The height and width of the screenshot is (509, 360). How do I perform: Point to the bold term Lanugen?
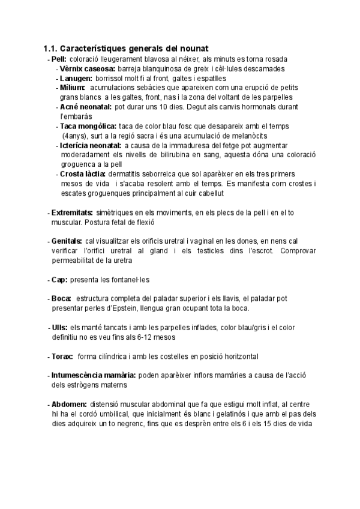click(x=76, y=78)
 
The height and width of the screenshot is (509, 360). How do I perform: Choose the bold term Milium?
click(x=73, y=88)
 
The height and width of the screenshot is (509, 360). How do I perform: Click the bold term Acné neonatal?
click(x=86, y=106)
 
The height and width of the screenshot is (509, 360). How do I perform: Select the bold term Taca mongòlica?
click(x=88, y=126)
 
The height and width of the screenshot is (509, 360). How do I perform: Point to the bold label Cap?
click(x=59, y=280)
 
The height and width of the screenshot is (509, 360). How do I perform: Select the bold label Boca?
click(x=61, y=298)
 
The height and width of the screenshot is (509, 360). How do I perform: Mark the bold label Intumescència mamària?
click(x=94, y=375)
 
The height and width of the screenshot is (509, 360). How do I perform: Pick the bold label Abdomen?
click(x=70, y=404)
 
